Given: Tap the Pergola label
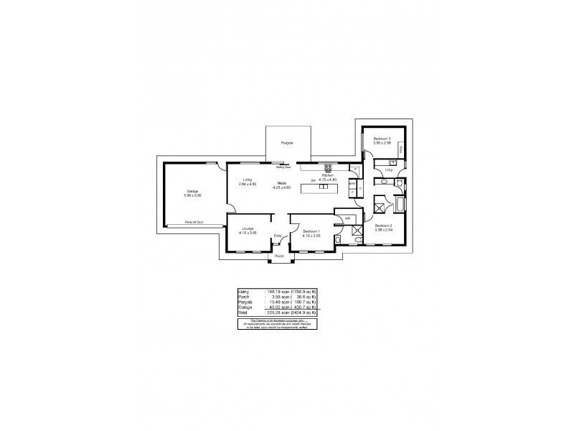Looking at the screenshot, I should (x=287, y=143).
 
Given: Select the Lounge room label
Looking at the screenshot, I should (x=248, y=229).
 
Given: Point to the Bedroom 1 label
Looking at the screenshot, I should (x=310, y=231).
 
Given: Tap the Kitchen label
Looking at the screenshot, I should (x=328, y=175).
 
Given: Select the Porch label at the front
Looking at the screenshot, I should (x=280, y=256).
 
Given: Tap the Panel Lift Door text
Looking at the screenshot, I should (x=194, y=223).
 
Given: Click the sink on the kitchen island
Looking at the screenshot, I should (x=324, y=187).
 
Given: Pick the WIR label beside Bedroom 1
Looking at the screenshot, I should (x=348, y=218).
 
